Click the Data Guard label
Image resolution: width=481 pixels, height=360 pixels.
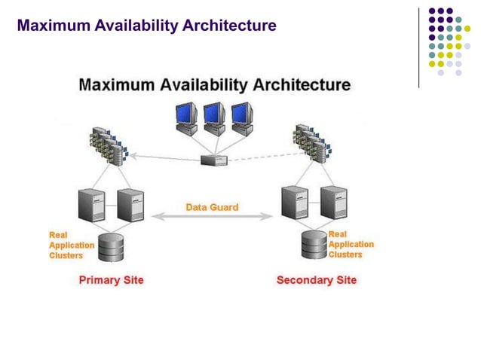point(212,206)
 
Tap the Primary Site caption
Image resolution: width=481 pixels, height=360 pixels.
point(111,280)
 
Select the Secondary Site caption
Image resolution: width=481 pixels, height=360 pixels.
point(317,280)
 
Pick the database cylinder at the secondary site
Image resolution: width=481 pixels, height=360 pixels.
point(314,244)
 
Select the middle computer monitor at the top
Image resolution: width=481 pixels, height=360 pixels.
point(214,114)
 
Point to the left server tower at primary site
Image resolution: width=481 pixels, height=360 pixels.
point(91,204)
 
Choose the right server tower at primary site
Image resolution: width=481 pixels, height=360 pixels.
point(130,204)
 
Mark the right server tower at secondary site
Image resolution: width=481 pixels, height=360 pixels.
point(332,201)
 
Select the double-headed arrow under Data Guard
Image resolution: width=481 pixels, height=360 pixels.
point(212,217)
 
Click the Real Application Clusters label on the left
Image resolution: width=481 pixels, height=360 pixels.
point(71,245)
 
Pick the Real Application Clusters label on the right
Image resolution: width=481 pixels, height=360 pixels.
point(351,244)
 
